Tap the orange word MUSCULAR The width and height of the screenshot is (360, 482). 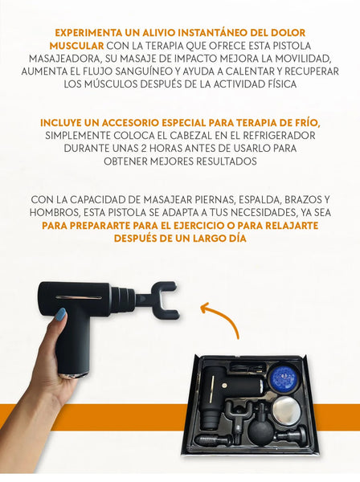(76, 46)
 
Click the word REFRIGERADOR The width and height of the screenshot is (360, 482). (279, 136)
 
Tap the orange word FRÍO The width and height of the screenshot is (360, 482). (307, 123)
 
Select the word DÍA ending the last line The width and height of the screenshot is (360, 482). (237, 239)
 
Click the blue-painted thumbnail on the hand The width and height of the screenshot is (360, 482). (61, 315)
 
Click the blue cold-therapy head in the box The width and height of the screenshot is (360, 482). (283, 377)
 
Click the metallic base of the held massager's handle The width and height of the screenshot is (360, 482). (73, 376)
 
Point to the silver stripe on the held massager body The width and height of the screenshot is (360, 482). (78, 297)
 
